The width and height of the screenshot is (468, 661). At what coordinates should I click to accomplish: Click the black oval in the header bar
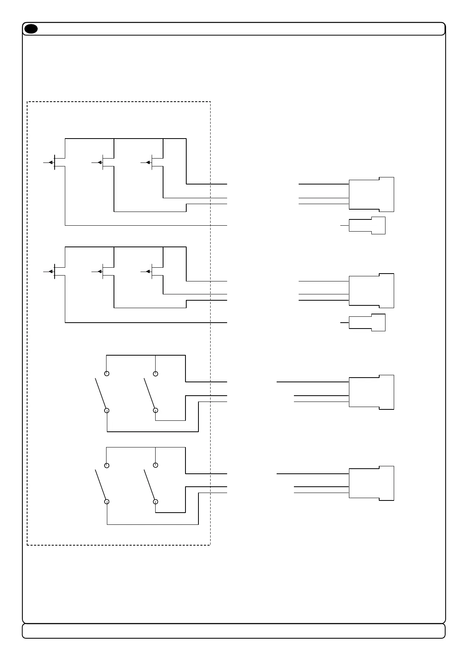(x=31, y=29)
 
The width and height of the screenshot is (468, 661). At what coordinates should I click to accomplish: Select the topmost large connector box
(x=371, y=195)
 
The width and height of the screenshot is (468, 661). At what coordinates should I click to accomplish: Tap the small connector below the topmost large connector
(x=367, y=226)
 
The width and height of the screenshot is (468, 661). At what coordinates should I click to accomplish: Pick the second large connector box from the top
(x=371, y=291)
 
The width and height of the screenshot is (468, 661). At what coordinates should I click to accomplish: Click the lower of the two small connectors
(x=367, y=323)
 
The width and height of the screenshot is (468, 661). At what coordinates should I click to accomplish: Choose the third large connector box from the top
(x=371, y=392)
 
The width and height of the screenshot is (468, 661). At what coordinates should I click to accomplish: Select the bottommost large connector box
(x=371, y=484)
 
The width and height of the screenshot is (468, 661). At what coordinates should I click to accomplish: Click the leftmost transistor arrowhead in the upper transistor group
(x=51, y=162)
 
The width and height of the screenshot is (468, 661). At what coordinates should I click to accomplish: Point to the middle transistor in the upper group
(x=101, y=162)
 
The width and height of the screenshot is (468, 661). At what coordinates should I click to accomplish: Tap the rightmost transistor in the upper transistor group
(x=150, y=162)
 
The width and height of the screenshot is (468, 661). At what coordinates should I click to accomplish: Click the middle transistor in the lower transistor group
(x=101, y=271)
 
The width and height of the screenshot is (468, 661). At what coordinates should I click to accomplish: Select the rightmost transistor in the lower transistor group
(x=150, y=271)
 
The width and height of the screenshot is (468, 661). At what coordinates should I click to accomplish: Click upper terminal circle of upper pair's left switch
(x=106, y=373)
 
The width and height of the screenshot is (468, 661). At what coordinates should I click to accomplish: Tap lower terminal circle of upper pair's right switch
(x=156, y=411)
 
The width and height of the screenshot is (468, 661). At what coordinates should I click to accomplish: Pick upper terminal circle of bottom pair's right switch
(x=156, y=465)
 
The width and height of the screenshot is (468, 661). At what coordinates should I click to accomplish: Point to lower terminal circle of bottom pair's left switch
(x=106, y=502)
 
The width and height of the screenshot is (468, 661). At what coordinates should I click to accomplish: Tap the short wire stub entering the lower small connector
(x=344, y=322)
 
